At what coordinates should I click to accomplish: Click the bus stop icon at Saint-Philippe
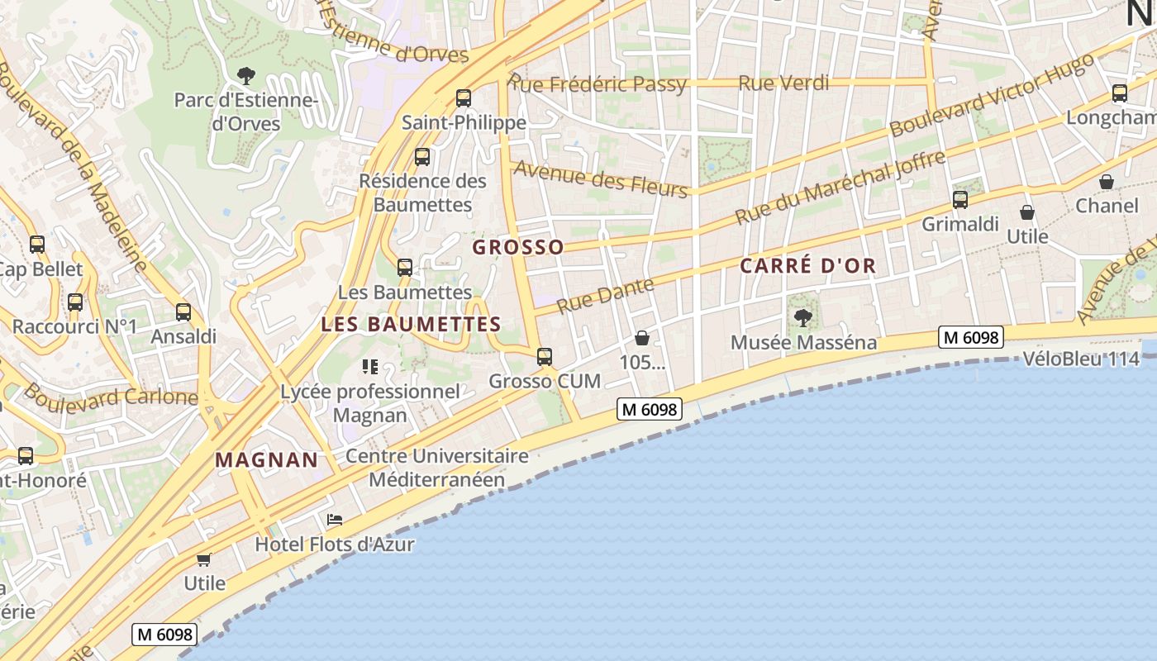coord(464,98)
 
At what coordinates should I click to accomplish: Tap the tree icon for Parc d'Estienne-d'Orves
coord(245,76)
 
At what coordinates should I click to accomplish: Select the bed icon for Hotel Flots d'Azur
coord(335,520)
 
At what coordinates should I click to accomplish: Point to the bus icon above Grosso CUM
coord(544,357)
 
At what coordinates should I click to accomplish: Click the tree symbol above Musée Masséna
coord(802,318)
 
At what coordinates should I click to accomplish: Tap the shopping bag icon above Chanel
coord(1107,182)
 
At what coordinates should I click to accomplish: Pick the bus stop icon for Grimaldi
coord(959,199)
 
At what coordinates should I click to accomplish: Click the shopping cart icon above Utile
coord(204,559)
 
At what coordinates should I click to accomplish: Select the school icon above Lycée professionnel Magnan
coord(369,366)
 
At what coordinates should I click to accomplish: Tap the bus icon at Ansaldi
coord(183,312)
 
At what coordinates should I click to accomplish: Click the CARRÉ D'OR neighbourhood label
coord(807,266)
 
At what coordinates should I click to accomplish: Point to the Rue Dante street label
coord(605,295)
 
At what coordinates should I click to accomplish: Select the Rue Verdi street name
coord(783,83)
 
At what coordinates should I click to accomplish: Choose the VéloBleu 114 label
coord(1081,359)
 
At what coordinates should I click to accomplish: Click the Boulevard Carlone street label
coord(111,396)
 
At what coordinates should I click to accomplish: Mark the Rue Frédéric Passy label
coord(597,83)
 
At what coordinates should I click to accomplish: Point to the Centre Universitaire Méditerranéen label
coord(437,468)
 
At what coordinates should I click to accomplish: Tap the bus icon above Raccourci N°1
coord(75,302)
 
